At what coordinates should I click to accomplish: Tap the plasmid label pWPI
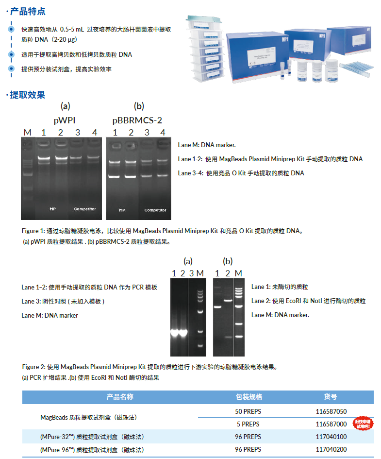(65, 119)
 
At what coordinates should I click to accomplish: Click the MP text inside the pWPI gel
(53, 209)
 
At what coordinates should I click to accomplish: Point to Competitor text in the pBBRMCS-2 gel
(155, 210)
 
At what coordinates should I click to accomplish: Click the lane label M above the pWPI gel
(27, 133)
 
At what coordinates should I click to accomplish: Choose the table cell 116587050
(331, 411)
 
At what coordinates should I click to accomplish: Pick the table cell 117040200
(331, 449)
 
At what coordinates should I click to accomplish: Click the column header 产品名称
(120, 397)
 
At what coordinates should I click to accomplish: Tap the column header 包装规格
(248, 397)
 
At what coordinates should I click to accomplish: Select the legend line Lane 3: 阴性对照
(63, 301)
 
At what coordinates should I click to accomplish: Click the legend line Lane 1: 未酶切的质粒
(280, 287)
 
